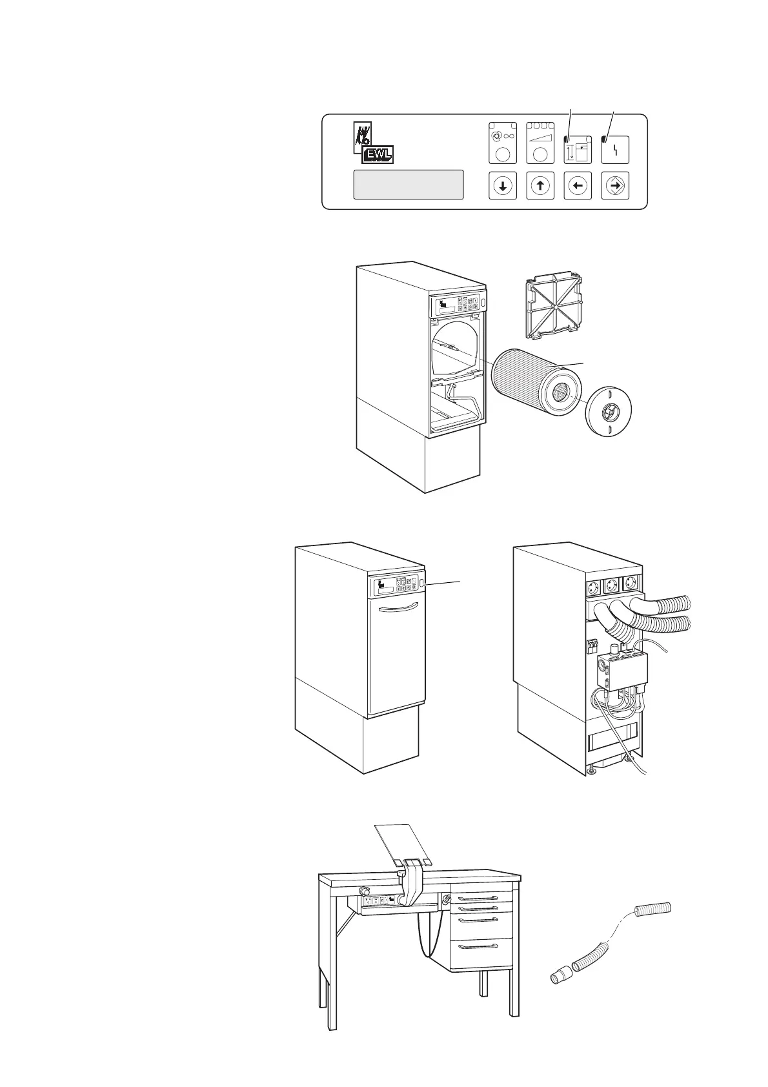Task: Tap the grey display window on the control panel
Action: pos(408,185)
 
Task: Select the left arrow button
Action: pos(578,185)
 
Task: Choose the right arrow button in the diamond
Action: pos(615,185)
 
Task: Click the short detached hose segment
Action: pos(654,909)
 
